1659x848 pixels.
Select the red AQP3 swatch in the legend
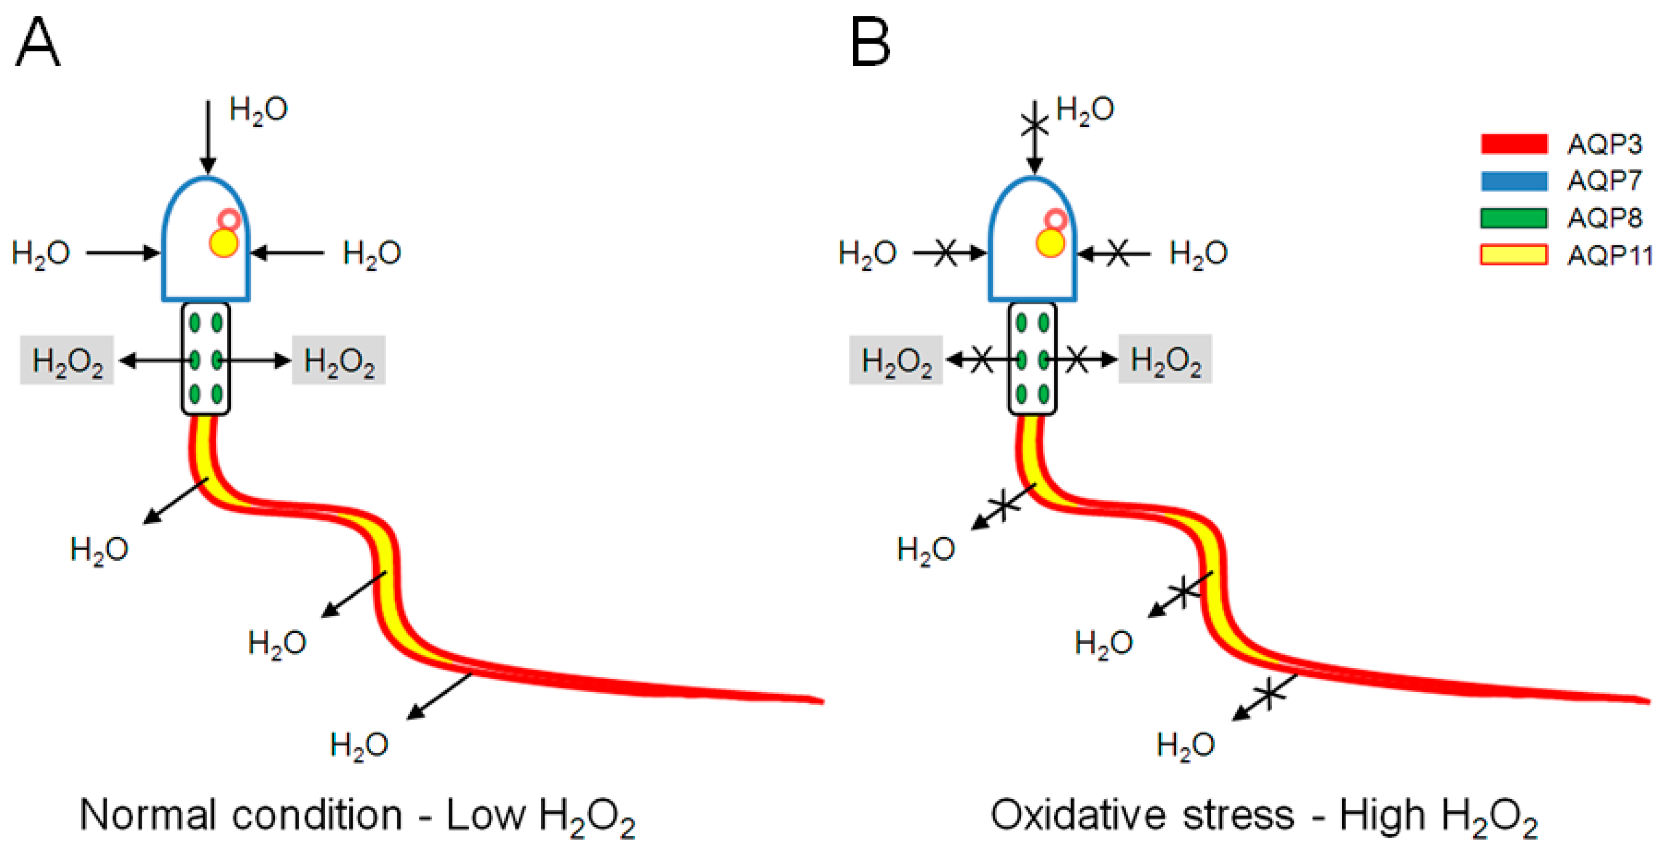coord(1513,144)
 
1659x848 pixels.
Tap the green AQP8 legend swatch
coord(1513,218)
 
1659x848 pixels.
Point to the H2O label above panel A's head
coord(258,110)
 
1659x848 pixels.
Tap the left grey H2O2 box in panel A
coord(67,360)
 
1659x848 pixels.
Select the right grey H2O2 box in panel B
coord(1165,359)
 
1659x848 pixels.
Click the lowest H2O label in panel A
coord(359,745)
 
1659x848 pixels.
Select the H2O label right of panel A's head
coord(372,253)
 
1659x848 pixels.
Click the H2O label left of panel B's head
coord(867,253)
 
